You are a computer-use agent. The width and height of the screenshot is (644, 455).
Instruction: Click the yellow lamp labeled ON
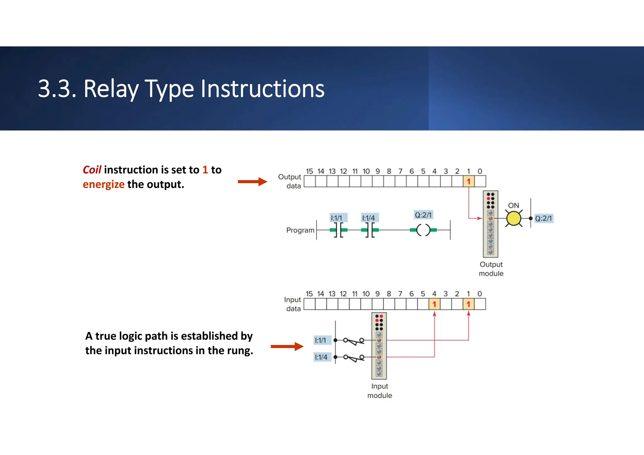[514, 219]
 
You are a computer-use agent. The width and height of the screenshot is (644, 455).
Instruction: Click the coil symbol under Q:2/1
[423, 230]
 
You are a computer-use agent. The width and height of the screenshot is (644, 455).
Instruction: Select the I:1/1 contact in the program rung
[338, 230]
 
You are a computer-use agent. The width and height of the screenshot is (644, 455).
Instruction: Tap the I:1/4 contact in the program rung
[370, 230]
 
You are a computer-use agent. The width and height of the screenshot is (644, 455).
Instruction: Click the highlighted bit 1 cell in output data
[469, 182]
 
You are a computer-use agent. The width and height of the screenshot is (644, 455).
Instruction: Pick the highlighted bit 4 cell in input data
[434, 304]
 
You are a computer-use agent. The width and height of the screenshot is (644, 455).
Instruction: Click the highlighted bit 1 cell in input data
[469, 304]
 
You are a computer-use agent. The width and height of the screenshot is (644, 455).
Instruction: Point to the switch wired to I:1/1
[354, 341]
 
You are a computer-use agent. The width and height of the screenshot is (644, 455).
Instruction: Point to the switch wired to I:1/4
[354, 358]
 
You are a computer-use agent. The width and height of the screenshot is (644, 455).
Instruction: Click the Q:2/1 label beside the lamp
[543, 218]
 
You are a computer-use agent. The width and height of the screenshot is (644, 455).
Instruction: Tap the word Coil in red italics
[92, 170]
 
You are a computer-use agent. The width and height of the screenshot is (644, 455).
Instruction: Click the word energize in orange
[103, 184]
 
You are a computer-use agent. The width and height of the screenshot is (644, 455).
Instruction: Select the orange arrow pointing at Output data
[252, 182]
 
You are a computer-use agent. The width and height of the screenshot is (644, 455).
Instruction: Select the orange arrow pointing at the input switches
[287, 347]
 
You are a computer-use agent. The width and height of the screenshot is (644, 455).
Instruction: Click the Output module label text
[491, 269]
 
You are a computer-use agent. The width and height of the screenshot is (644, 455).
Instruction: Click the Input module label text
[380, 391]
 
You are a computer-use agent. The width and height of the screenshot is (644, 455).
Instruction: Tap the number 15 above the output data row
[309, 171]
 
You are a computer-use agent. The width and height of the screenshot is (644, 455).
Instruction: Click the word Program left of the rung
[300, 230]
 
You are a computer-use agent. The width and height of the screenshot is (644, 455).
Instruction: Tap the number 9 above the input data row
[377, 294]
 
